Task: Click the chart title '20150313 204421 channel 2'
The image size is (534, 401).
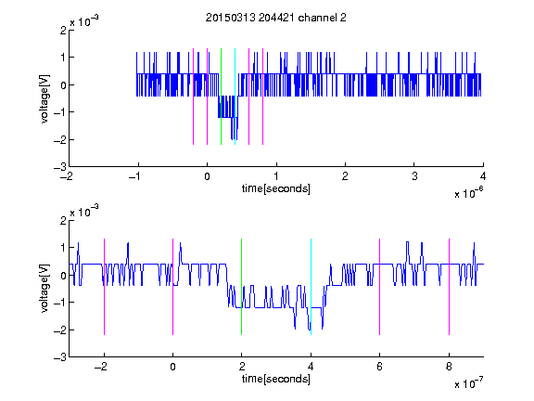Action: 276,18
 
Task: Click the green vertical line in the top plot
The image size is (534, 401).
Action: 221,97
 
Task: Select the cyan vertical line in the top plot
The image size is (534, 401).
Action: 235,97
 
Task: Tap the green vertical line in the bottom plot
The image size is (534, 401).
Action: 241,287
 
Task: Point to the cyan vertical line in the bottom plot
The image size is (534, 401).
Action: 311,287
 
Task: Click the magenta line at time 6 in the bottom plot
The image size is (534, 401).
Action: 380,287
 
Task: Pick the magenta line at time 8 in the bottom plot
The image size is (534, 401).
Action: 450,287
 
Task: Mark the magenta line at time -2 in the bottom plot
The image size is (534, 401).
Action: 104,287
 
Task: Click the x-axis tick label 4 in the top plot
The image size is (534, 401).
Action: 483,176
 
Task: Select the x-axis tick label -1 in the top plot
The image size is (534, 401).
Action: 135,176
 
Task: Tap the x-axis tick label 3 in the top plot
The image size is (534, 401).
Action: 414,176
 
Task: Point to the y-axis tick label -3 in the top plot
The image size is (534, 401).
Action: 60,167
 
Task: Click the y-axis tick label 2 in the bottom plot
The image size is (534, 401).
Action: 63,221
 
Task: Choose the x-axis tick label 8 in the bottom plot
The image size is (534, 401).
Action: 449,367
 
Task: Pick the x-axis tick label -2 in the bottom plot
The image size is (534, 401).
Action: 101,367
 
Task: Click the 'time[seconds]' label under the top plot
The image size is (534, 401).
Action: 276,188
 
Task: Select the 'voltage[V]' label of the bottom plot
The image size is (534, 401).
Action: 44,289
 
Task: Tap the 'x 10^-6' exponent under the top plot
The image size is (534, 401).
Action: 468,193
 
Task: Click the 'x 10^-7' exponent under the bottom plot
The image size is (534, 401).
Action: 468,383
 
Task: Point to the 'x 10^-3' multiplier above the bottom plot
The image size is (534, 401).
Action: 84,211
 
